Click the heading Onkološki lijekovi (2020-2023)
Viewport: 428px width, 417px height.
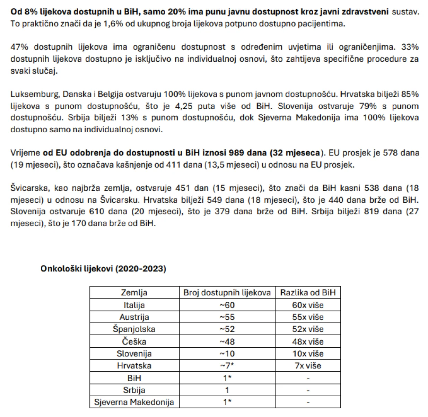103,269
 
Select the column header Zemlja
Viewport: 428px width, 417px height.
134,293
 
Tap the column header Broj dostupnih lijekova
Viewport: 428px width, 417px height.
227,293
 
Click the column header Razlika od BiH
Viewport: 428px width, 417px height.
308,293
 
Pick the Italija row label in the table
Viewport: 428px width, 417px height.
134,305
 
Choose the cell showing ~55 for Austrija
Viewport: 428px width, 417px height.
227,317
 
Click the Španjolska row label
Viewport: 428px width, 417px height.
134,329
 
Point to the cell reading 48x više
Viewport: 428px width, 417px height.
308,341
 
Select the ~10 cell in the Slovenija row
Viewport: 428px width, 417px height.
227,354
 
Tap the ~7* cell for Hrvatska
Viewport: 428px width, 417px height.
227,366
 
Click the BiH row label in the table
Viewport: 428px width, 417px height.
134,378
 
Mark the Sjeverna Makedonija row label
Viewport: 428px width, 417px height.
134,402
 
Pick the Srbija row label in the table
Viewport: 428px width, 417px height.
134,390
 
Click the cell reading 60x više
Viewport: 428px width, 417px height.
308,305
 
